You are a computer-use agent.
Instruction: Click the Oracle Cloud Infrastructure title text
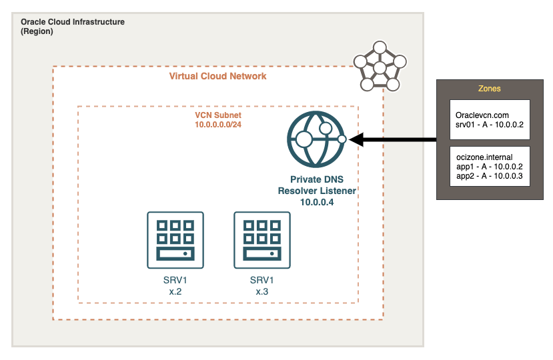coord(72,22)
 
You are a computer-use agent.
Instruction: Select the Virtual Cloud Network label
coord(217,76)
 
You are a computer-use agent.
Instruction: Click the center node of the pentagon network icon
coord(380,68)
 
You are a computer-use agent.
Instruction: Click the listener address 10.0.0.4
coord(317,201)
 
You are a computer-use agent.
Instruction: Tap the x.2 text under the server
coord(175,291)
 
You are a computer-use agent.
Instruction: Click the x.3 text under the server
coord(261,291)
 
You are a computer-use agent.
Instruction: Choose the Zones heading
coord(490,89)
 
